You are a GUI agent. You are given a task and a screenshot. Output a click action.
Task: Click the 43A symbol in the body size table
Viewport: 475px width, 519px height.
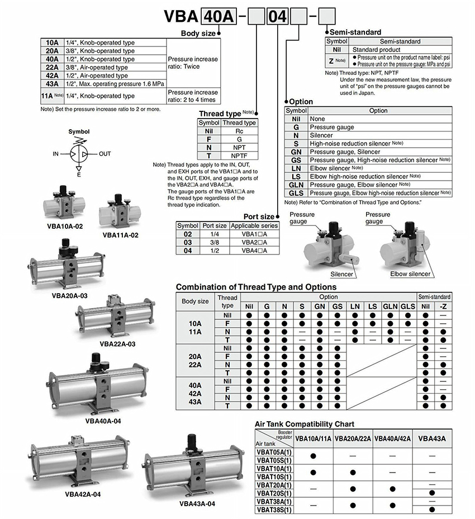[x=52, y=84]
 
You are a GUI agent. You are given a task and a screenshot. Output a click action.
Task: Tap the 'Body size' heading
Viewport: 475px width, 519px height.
[x=198, y=34]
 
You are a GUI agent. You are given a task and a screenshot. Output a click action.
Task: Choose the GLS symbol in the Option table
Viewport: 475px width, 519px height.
[x=296, y=193]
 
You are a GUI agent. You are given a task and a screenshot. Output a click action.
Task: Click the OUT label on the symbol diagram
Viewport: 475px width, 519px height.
[x=105, y=153]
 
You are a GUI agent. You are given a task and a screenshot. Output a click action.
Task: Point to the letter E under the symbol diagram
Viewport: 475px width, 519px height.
[x=78, y=175]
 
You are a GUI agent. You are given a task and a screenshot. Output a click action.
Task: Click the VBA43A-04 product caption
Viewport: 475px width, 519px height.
[x=197, y=503]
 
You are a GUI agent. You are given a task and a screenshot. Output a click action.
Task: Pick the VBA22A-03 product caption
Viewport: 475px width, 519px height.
[x=117, y=344]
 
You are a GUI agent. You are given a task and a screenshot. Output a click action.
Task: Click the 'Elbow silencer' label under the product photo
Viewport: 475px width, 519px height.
[x=410, y=274]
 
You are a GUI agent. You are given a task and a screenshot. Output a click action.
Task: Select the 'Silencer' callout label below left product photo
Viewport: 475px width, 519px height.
[x=341, y=274]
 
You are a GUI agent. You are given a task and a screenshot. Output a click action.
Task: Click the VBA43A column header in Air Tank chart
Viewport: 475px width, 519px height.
[x=431, y=439]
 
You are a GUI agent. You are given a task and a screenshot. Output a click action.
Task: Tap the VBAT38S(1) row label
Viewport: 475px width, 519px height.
[x=274, y=510]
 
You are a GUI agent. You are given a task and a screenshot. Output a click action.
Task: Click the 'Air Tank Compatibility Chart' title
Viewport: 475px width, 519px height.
[x=304, y=424]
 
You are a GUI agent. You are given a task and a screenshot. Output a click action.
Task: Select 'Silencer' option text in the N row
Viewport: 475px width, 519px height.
[x=321, y=135]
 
